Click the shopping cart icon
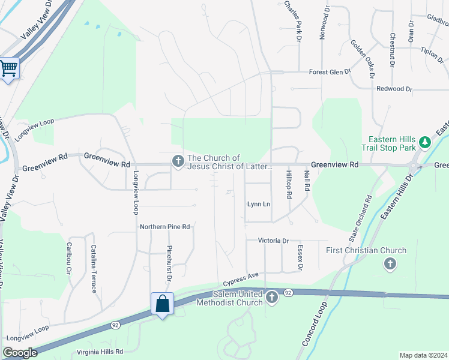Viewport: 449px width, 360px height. coord(8,68)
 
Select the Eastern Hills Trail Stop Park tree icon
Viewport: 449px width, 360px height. coord(425,142)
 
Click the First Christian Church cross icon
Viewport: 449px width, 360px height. coord(390,263)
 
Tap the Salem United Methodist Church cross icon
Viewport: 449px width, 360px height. coord(272,297)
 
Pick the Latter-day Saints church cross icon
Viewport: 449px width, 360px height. coord(178,161)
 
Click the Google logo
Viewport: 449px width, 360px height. coord(20,353)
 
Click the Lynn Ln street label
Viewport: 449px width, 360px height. coord(259,204)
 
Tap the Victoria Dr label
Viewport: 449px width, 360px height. coord(273,241)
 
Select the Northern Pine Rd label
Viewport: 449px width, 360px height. coord(164,227)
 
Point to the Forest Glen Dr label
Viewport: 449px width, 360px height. coord(330,72)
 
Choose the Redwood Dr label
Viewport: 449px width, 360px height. coord(394,89)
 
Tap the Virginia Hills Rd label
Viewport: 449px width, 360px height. coord(100,352)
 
